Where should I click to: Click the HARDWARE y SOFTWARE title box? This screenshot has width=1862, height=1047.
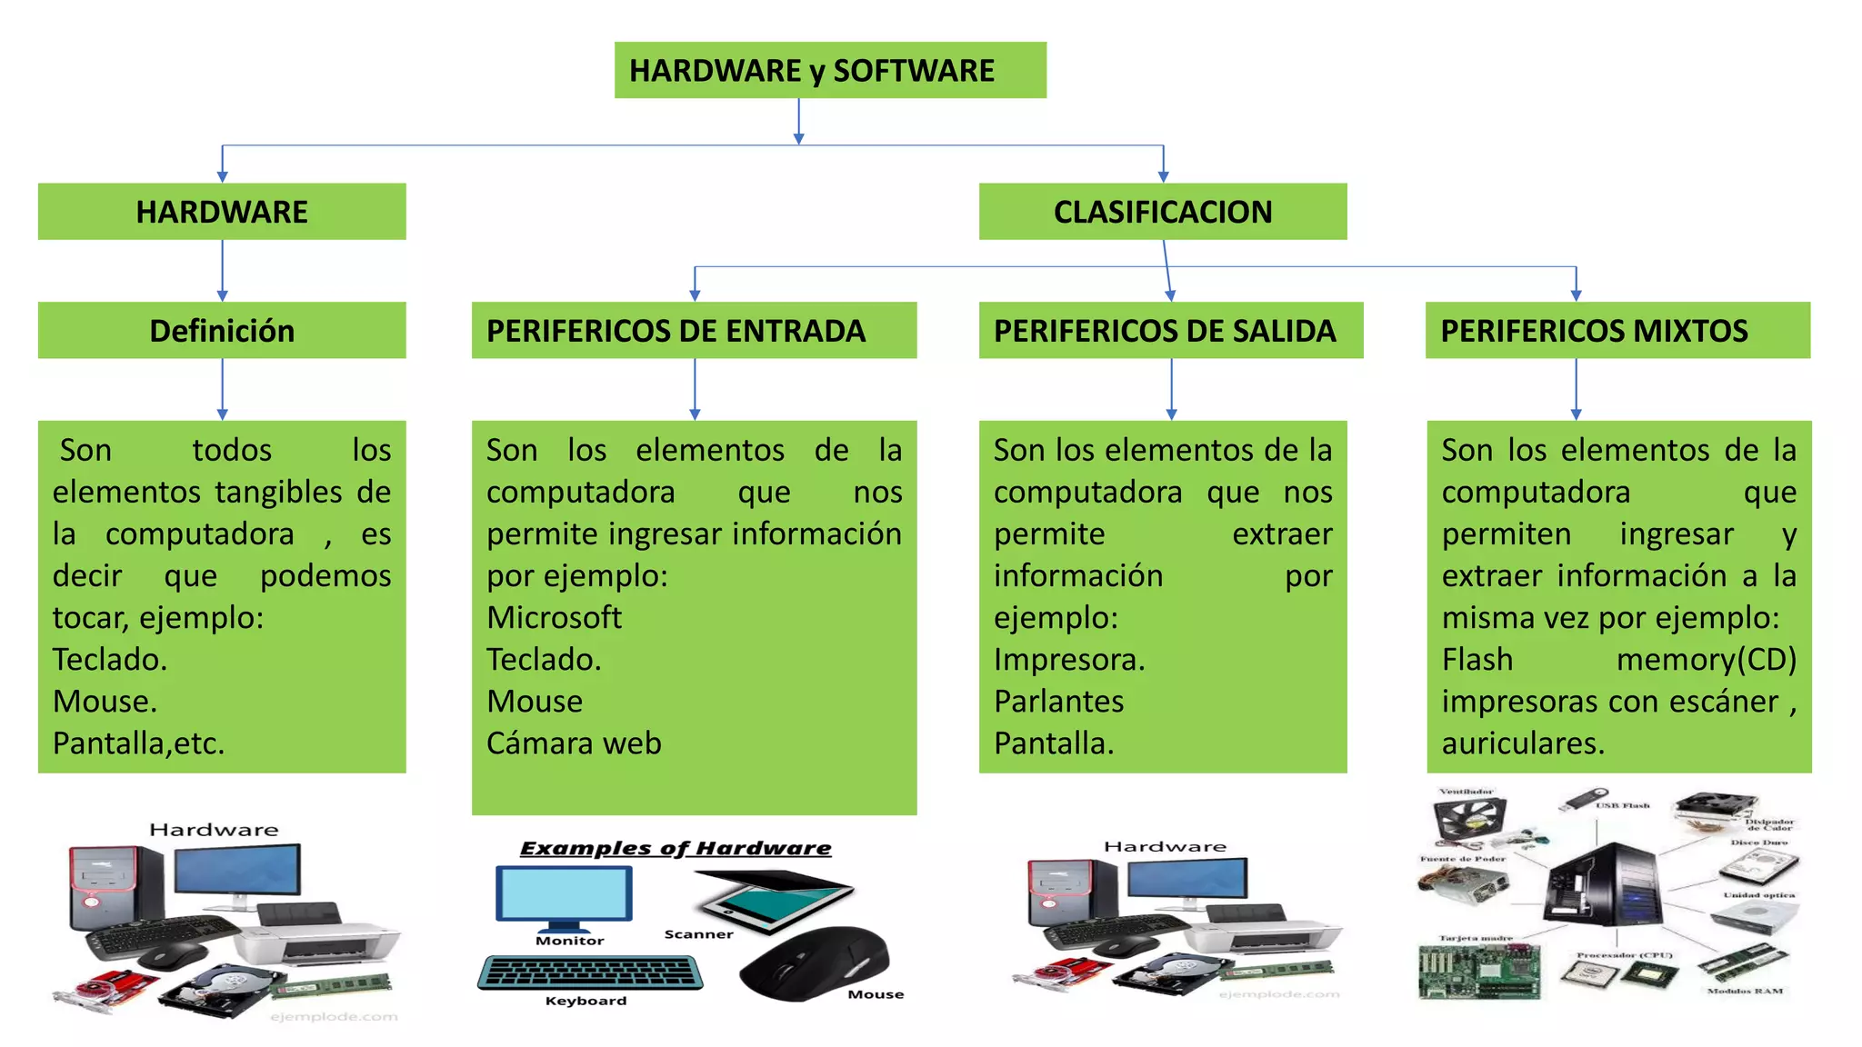coord(829,70)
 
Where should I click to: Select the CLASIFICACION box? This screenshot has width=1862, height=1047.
coord(1162,212)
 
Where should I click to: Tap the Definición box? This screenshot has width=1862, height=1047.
coord(222,331)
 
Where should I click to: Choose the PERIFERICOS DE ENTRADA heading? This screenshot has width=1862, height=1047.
coord(694,331)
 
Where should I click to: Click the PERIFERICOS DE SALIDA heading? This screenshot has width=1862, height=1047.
coord(1170,331)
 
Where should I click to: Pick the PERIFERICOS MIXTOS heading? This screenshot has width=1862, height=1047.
coord(1617,331)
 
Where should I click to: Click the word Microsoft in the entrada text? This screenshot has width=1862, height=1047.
coord(554,618)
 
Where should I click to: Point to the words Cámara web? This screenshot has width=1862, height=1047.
coord(574,743)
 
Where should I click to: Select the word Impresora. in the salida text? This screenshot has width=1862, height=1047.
coord(1069,660)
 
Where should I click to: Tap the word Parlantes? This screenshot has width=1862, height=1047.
coord(1058,702)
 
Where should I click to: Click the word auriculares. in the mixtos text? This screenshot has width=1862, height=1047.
coord(1523,743)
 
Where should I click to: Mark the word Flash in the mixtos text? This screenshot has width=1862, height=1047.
coord(1477,660)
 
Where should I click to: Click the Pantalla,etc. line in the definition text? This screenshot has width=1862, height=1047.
coord(138,743)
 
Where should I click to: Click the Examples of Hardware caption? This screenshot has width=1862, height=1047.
coord(675,849)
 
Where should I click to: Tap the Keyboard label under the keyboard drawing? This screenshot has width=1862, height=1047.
coord(586,1001)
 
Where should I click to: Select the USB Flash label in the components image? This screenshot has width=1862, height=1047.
coord(1622,805)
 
